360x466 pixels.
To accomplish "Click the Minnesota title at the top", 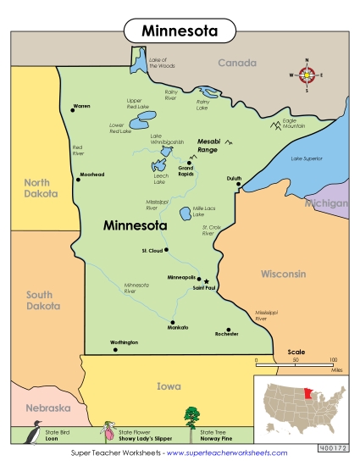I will (x=180, y=31).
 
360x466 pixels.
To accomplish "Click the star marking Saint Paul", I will (x=206, y=281).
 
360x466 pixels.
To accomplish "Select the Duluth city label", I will (x=235, y=179).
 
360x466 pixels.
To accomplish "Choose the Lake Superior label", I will (x=307, y=158).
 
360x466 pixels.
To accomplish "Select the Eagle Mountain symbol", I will (x=275, y=125).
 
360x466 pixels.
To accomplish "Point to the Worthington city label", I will (x=124, y=343).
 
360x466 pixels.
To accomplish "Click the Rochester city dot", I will (x=227, y=329).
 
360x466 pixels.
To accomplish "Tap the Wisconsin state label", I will (x=283, y=275).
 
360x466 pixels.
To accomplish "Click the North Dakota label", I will (x=36, y=187).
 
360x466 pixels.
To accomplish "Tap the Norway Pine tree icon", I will (x=191, y=417).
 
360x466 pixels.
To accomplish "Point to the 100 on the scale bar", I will (x=334, y=359).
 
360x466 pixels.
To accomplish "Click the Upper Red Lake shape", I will (x=146, y=117).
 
